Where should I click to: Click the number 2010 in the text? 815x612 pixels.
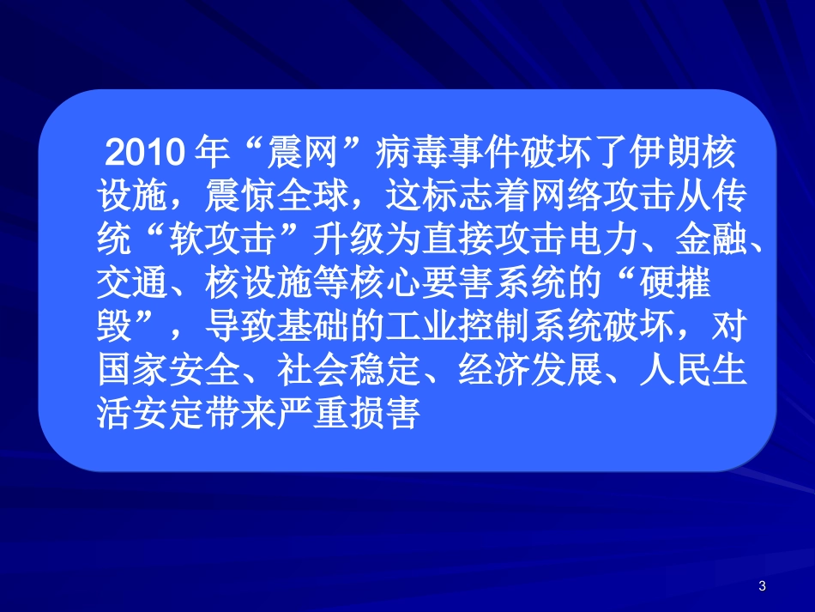tap(141, 154)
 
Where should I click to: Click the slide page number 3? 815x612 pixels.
tap(763, 586)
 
